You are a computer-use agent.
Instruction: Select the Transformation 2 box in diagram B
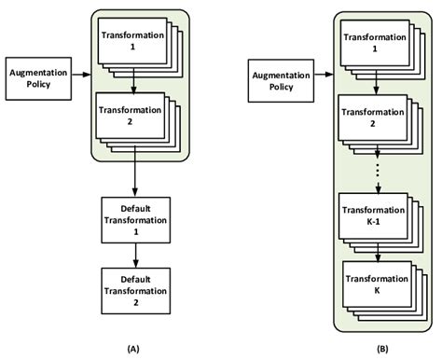pyautogui.click(x=374, y=118)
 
